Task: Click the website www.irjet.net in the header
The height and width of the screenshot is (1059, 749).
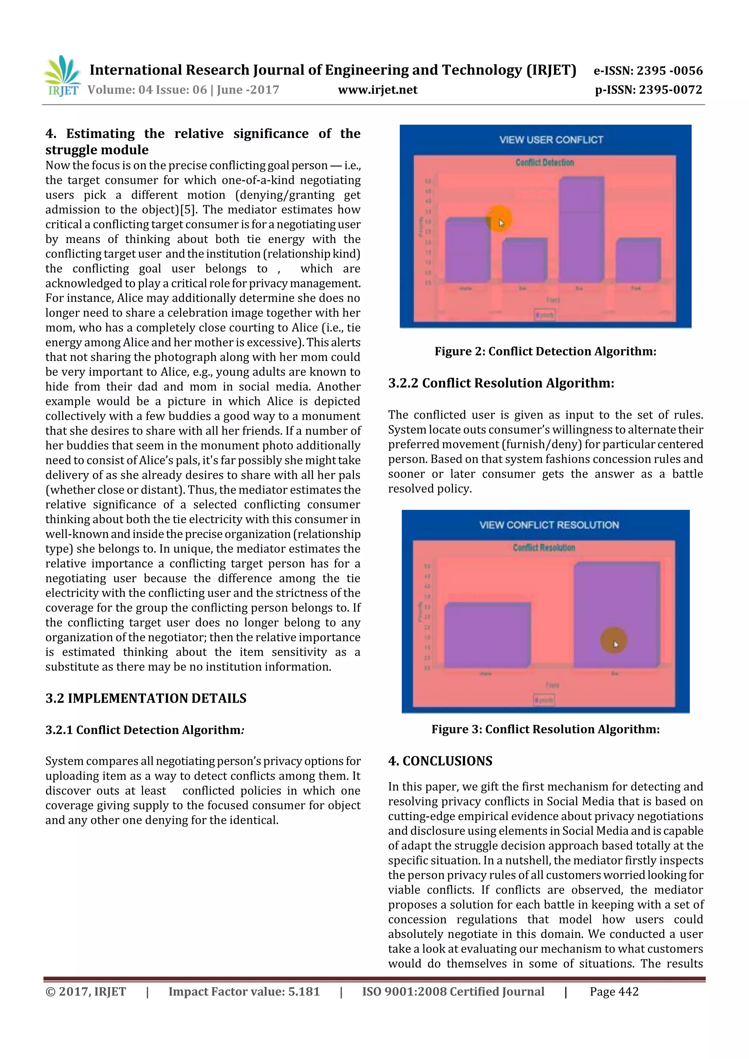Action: click(x=377, y=90)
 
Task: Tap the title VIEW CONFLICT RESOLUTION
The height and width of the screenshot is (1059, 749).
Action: click(x=549, y=525)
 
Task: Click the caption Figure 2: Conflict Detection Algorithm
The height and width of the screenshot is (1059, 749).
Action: click(x=545, y=351)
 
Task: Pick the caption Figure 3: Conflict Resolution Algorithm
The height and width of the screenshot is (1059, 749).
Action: click(x=545, y=729)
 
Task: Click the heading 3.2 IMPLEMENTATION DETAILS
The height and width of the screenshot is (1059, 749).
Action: click(x=146, y=698)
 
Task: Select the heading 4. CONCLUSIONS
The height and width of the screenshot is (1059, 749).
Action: click(x=440, y=761)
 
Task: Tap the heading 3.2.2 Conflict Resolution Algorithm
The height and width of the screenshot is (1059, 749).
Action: click(x=501, y=383)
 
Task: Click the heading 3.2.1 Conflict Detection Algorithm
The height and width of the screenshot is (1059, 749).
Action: click(x=144, y=730)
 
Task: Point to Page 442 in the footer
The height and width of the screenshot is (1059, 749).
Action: click(x=614, y=992)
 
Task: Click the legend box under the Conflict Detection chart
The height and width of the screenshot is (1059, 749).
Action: click(x=545, y=315)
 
